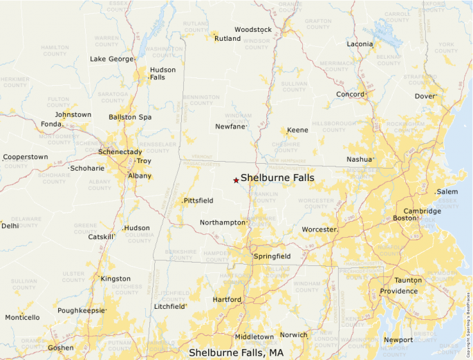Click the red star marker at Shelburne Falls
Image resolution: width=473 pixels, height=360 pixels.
[x=236, y=180]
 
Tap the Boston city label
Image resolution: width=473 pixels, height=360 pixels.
[x=405, y=218]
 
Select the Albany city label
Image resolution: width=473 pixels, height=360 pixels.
[x=139, y=176]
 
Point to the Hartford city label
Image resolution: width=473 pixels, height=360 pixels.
[x=227, y=299]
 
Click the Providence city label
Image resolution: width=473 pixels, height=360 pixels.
[x=399, y=291]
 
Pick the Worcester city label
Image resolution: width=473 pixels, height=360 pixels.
[x=319, y=229]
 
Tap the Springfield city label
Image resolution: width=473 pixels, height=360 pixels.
[x=272, y=256]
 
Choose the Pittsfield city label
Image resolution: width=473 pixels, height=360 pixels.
[x=198, y=200]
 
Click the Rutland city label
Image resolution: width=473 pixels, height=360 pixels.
[x=228, y=39]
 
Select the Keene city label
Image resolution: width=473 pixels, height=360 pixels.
[x=298, y=130]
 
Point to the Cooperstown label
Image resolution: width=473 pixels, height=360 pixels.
[x=26, y=157]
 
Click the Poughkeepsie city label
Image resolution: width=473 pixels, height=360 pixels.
[x=81, y=311]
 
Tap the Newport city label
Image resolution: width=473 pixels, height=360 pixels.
[x=398, y=340]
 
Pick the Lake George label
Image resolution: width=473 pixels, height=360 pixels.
[x=111, y=59]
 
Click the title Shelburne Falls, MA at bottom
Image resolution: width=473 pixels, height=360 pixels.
[x=236, y=352]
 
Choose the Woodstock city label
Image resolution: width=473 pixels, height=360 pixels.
[x=253, y=30]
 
